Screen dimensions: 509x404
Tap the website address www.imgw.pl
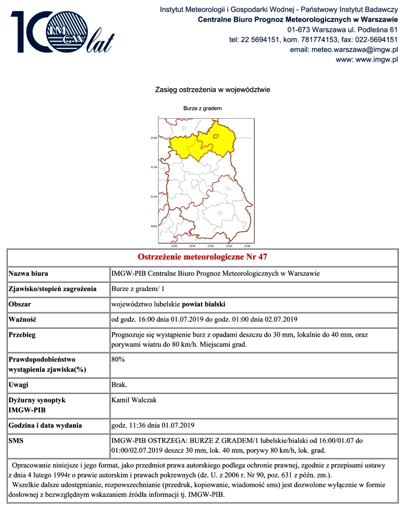tap(367, 60)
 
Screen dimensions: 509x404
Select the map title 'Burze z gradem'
tap(202, 108)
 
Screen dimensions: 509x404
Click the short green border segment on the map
tap(169, 143)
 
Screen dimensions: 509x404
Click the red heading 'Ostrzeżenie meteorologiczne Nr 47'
tap(201, 257)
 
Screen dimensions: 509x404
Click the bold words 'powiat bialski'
tap(205, 304)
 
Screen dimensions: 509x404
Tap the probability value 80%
tap(119, 360)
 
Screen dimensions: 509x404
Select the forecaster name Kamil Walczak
tap(135, 400)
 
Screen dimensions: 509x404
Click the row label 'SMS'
tap(16, 441)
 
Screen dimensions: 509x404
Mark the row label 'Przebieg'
tap(24, 335)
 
